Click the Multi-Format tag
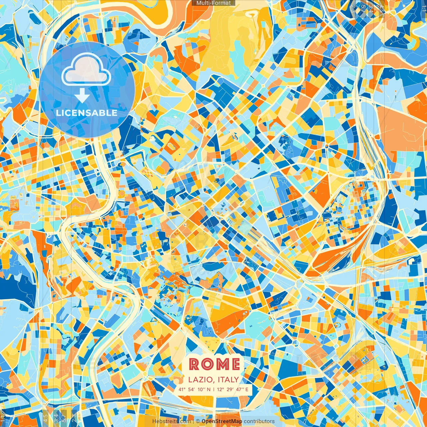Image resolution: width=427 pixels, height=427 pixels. [213, 3]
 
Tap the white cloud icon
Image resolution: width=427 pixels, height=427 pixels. [86, 69]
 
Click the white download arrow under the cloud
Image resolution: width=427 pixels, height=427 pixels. [82, 96]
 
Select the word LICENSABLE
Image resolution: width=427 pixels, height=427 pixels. [87, 113]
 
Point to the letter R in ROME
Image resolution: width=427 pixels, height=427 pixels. [194, 364]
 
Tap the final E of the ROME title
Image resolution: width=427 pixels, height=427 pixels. [235, 364]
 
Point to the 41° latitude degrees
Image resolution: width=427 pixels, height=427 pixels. [182, 389]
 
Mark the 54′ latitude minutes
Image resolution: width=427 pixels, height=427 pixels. [192, 389]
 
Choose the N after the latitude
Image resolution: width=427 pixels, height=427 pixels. [209, 389]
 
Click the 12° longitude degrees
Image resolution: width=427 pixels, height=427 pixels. [220, 389]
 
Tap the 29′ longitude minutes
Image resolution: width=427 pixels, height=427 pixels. [231, 389]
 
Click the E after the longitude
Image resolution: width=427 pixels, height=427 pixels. [247, 389]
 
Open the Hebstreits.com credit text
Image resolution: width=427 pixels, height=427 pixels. [171, 421]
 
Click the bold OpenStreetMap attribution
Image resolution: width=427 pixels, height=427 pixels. [222, 421]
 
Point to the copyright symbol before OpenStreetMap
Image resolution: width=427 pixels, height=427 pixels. [198, 421]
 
